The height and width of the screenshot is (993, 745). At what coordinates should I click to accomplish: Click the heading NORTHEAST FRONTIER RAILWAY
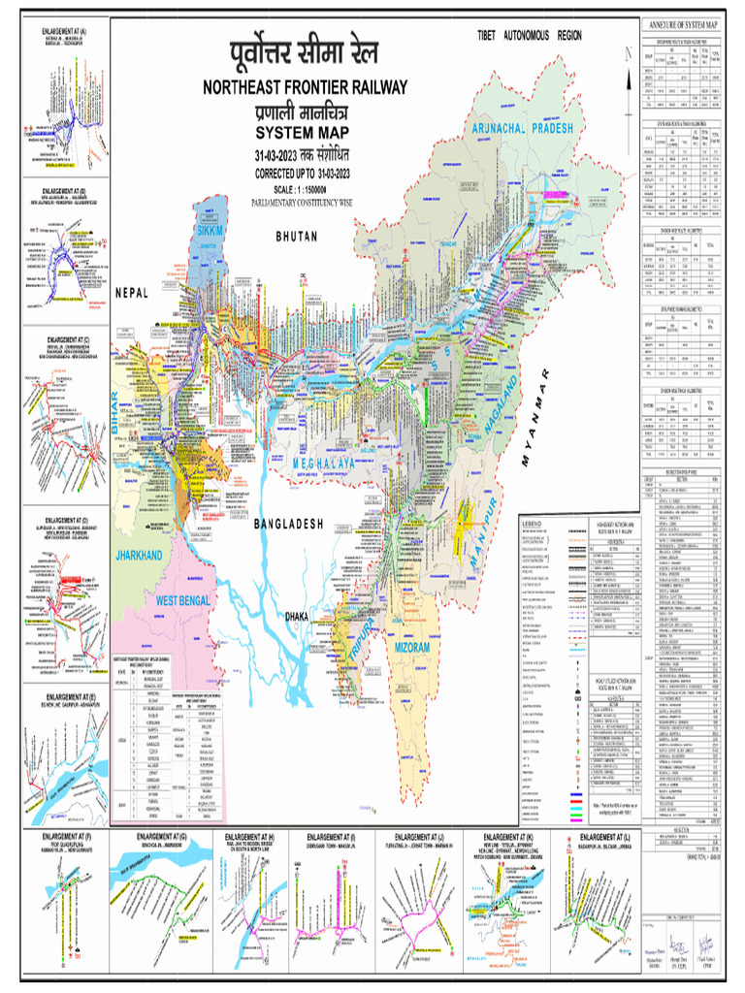click(304, 88)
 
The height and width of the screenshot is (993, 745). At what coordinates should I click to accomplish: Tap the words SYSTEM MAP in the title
click(304, 133)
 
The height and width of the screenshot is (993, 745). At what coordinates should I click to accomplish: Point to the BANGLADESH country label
click(288, 524)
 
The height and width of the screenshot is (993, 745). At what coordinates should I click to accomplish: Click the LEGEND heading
click(536, 525)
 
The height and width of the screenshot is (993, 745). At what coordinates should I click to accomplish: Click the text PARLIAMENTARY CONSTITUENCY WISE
click(304, 202)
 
